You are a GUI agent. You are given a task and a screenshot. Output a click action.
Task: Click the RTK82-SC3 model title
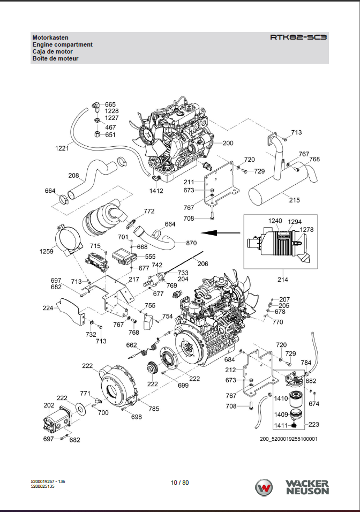tap(298, 38)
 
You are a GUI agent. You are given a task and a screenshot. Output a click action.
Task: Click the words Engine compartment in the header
tap(62, 44)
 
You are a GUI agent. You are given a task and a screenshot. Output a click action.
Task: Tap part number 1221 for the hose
tap(62, 148)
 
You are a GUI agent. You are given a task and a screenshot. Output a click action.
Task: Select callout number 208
tap(74, 175)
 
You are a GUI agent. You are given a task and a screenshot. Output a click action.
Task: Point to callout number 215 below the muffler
tap(295, 200)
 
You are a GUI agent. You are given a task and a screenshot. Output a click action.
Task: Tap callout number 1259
tap(47, 251)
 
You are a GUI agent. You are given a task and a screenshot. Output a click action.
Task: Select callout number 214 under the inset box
tap(282, 280)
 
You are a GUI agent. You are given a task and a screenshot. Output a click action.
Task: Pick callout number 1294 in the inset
tap(295, 222)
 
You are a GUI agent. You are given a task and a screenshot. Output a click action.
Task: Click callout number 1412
tap(156, 191)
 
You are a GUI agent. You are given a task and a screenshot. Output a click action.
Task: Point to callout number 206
tap(202, 263)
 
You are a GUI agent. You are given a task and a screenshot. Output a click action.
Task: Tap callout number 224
tap(48, 308)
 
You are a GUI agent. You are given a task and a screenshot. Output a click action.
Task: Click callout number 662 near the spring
tap(132, 345)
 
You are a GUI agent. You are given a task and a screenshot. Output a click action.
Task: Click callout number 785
tap(154, 409)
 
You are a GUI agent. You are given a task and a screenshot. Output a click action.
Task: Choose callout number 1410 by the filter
tap(281, 398)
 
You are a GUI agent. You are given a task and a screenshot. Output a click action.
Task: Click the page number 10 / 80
tap(179, 483)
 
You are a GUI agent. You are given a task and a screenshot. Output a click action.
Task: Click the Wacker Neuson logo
tap(292, 487)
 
